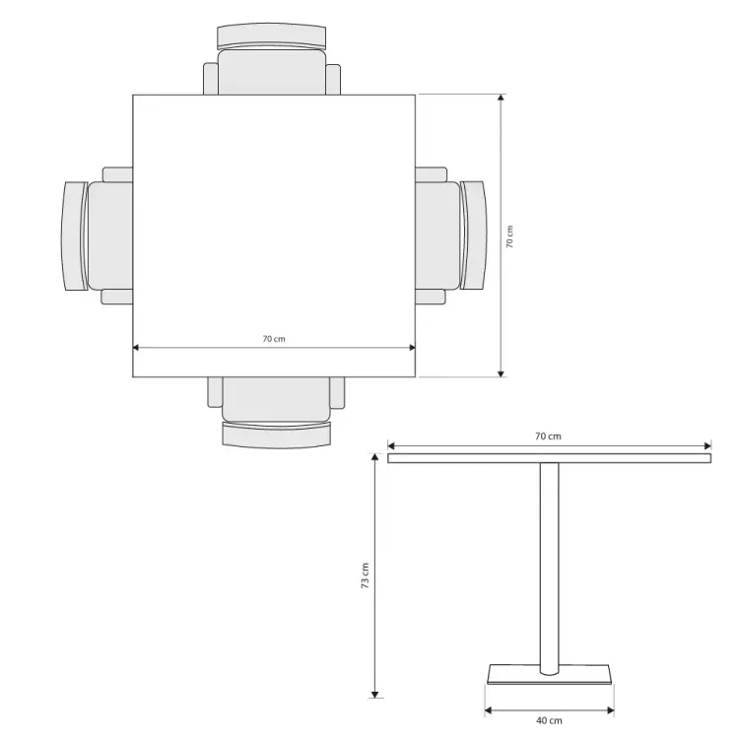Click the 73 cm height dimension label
coord(366,575)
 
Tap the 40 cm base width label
coord(549,720)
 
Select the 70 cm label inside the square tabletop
coord(274,339)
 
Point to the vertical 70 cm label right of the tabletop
coord(509,236)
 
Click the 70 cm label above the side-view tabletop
coord(548,437)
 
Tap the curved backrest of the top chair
coord(272,34)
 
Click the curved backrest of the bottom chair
coord(277,436)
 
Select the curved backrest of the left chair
coord(74,235)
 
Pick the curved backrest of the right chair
coord(474,235)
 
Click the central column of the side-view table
coord(549,569)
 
